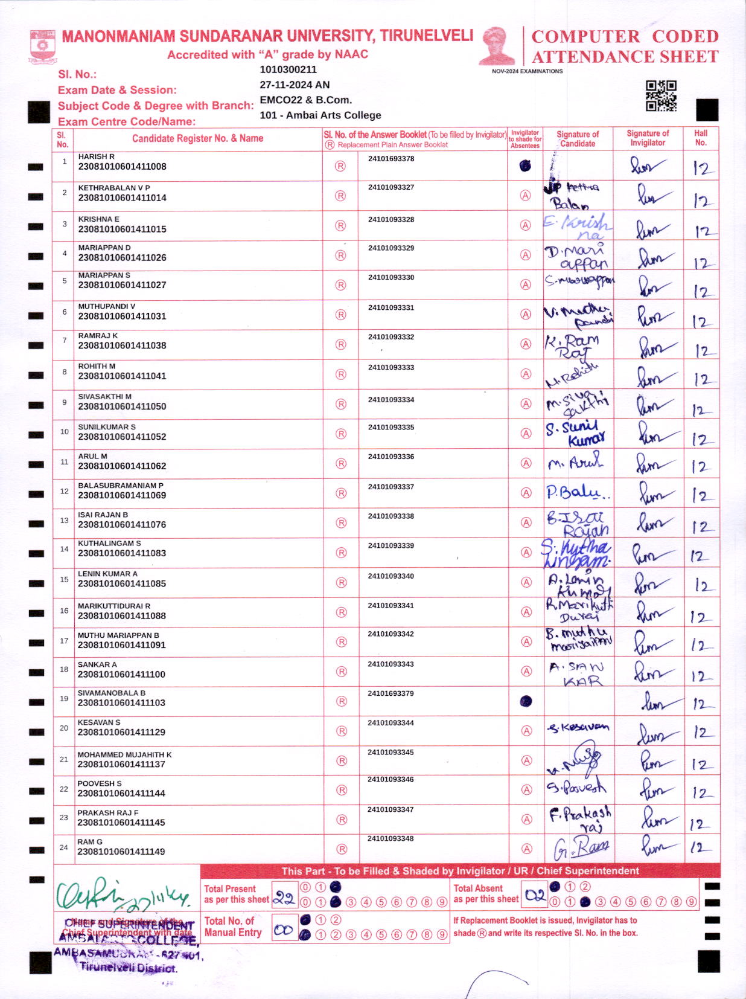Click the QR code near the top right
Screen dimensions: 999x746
661,96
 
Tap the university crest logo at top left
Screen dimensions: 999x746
42,46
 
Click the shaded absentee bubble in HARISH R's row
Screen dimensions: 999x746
525,165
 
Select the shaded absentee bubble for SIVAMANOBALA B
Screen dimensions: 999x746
526,701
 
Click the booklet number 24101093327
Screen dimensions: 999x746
391,187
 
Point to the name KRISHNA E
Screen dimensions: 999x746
99,219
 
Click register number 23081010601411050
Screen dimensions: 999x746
122,406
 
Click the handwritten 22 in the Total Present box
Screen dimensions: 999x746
284,898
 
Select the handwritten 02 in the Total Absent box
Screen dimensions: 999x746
535,896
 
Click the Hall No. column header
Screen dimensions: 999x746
700,138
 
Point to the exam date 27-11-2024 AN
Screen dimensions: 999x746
295,85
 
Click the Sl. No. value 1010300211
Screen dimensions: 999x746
288,69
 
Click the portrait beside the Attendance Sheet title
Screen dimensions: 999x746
496,45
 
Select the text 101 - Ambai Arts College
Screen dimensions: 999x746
320,115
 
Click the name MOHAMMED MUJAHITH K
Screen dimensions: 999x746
124,754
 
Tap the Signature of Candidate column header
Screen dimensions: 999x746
577,139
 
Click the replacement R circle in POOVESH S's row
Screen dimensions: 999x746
341,790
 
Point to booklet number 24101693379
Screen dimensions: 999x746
391,693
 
